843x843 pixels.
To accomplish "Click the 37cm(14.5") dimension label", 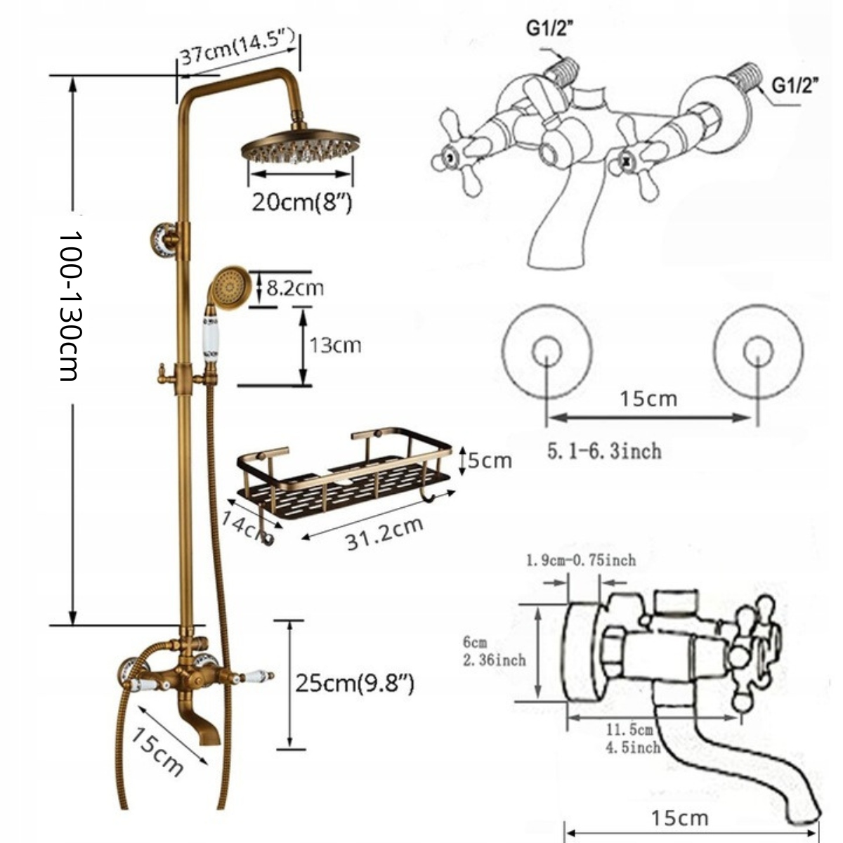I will [x=237, y=50].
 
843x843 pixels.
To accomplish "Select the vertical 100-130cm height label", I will [x=70, y=306].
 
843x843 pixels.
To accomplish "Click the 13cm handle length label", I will [x=335, y=345].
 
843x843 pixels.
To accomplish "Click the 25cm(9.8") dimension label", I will [x=354, y=683].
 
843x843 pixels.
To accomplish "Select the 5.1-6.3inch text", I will [x=604, y=450].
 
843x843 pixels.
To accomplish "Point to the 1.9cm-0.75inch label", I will [x=581, y=560].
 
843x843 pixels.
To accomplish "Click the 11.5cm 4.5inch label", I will [x=633, y=739].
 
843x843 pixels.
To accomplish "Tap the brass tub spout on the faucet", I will [x=207, y=724].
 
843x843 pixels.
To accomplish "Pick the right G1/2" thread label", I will [x=796, y=86].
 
